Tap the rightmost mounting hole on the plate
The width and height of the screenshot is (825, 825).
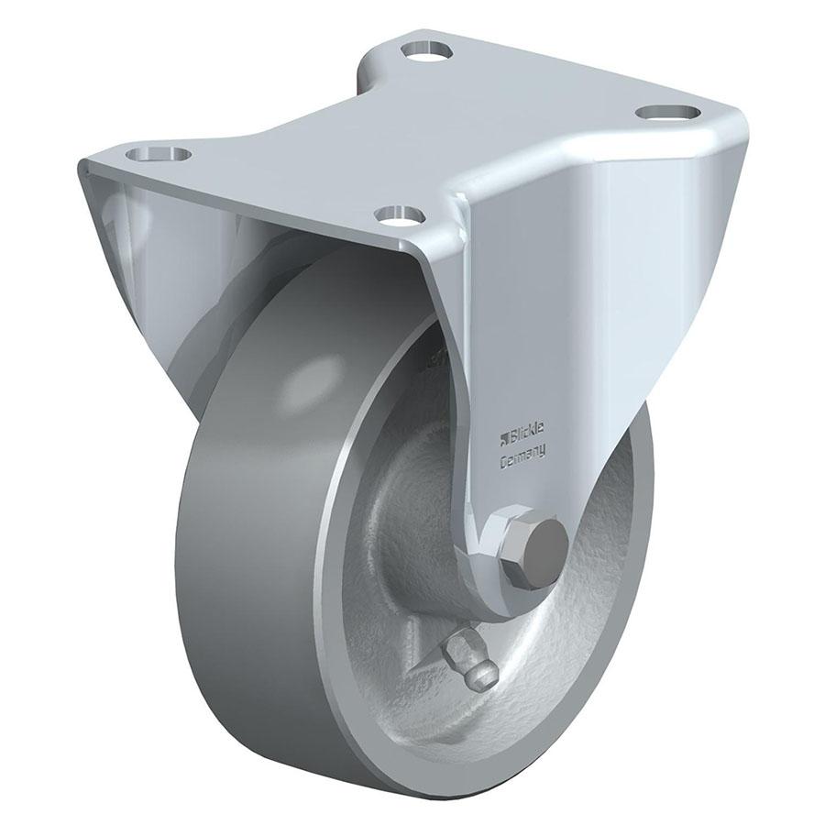[x=668, y=112]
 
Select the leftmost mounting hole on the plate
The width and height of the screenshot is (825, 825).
[x=160, y=151]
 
